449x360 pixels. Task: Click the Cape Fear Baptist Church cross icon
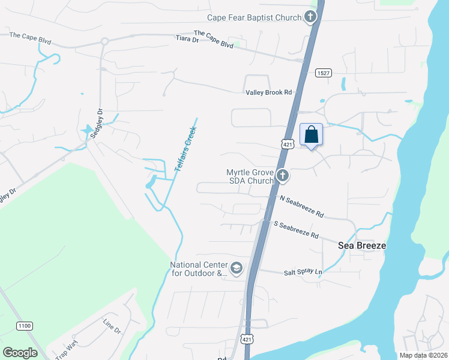(x=310, y=17)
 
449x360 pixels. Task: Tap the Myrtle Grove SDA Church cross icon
(x=283, y=176)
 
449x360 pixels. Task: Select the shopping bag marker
(x=311, y=134)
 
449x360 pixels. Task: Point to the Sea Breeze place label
(x=361, y=245)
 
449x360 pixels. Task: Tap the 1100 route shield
(x=25, y=326)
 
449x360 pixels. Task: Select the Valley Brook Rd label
(x=268, y=92)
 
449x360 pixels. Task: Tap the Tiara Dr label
(x=187, y=40)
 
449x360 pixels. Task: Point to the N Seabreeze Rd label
(x=301, y=206)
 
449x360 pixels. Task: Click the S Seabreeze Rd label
(x=296, y=229)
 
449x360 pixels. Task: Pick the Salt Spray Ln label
(x=303, y=272)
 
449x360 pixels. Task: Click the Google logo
(x=20, y=353)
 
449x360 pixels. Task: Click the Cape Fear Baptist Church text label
(x=254, y=17)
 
